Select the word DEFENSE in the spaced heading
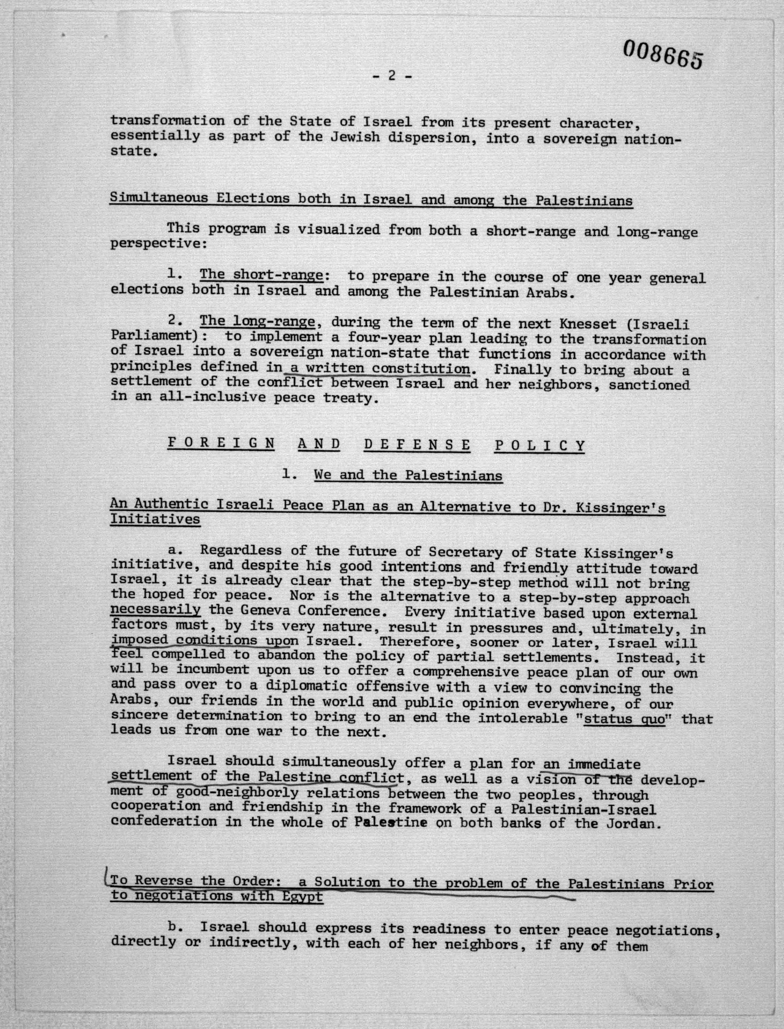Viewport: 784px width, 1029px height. coord(417,444)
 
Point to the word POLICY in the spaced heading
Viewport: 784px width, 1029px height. coord(540,445)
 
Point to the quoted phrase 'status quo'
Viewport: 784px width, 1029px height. coord(624,719)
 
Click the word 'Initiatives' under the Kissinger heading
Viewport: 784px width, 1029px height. coord(156,519)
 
